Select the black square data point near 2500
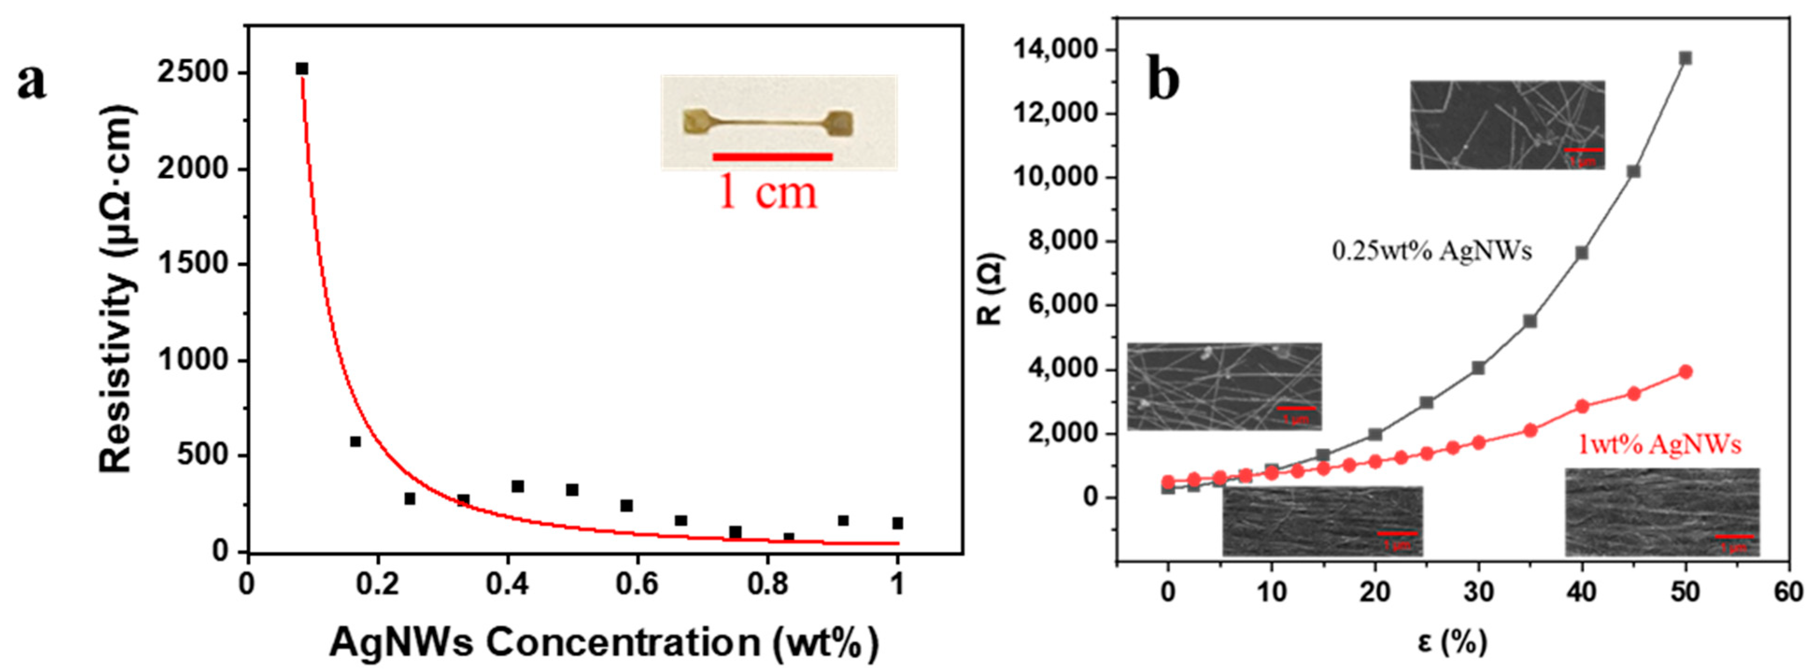(x=302, y=68)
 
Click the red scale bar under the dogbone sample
(x=772, y=156)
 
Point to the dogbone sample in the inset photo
(x=768, y=123)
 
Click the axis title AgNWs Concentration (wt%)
(x=604, y=642)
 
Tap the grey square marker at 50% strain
(x=1685, y=58)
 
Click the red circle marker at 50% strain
(x=1685, y=372)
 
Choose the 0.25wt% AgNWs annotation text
(x=1431, y=251)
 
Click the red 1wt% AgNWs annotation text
(x=1659, y=445)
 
